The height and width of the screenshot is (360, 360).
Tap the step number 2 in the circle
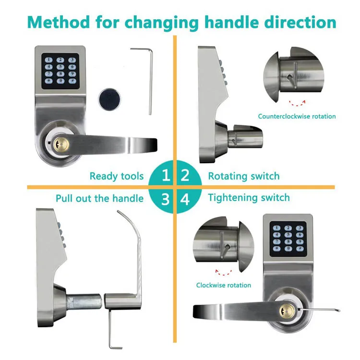point(185,176)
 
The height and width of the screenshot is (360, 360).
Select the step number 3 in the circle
point(165,198)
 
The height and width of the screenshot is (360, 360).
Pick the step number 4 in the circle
point(185,198)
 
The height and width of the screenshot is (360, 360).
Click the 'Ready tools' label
point(117,176)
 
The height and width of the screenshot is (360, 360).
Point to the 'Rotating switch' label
point(243,176)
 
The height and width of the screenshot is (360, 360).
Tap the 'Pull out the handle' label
point(99,198)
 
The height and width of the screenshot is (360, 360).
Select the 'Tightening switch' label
point(249,198)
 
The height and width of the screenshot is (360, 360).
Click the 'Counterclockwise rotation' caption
point(297,116)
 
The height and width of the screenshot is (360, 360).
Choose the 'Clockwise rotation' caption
point(223,285)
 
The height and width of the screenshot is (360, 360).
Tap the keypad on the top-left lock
point(60,71)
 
